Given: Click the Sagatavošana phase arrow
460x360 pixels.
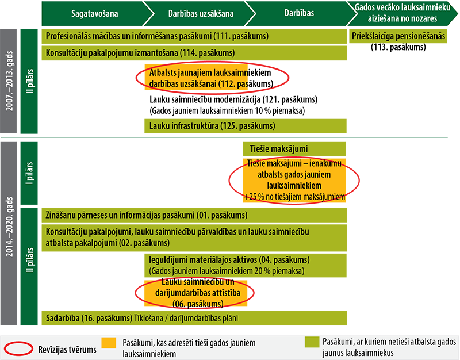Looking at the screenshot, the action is [94, 13].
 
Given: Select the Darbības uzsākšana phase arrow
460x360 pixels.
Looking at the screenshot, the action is [201, 13].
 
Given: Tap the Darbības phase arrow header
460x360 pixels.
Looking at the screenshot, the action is [299, 13].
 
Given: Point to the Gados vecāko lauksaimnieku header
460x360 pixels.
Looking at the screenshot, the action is [402, 13].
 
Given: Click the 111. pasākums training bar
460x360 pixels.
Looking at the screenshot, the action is [194, 36].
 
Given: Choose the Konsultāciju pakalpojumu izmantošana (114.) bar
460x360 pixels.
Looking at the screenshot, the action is [194, 53].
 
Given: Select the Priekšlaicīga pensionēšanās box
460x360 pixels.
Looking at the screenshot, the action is [398, 36].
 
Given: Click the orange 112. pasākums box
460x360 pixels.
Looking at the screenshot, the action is [196, 78].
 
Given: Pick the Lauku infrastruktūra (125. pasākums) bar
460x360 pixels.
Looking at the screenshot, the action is [246, 126].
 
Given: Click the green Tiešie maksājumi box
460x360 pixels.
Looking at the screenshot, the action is [294, 149].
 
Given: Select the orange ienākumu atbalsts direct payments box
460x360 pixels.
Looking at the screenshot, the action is [294, 180].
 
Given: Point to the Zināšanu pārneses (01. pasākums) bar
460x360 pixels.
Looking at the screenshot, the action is [194, 215].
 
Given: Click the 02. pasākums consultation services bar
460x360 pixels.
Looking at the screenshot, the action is [194, 238].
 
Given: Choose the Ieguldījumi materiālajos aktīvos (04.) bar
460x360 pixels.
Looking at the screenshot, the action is [246, 265].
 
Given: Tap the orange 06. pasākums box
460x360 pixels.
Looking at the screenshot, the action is [196, 293].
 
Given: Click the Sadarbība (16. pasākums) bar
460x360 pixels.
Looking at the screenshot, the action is [194, 318].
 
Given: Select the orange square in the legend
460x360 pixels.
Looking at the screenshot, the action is [109, 343].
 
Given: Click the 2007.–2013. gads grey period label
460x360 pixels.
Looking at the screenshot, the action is [9, 81].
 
